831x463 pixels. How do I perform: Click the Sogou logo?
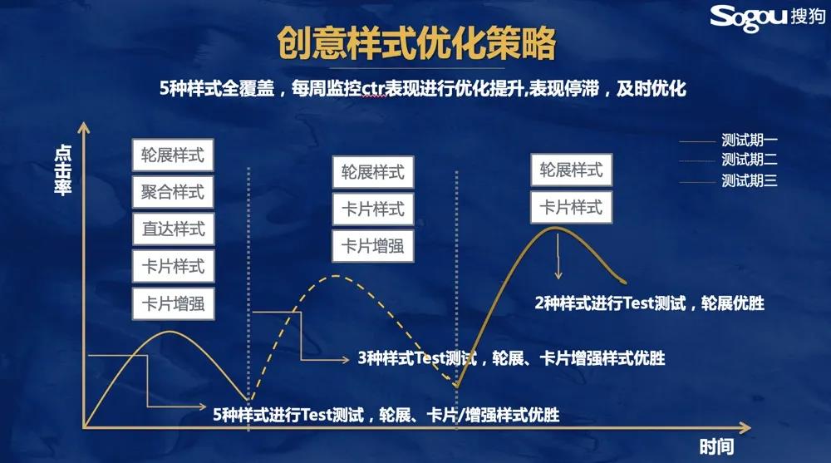[767, 17]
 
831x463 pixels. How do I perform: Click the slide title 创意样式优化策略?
[416, 43]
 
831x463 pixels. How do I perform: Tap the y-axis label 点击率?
[63, 170]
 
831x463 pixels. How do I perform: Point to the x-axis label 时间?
[716, 446]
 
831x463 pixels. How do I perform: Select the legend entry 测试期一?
[749, 140]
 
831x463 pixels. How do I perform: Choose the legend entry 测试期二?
[749, 159]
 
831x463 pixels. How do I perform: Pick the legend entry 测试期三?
[749, 180]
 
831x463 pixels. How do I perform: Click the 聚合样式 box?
[173, 192]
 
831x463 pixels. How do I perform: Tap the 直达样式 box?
[174, 229]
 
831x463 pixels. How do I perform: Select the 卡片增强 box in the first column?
[174, 304]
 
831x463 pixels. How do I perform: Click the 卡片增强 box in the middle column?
[372, 246]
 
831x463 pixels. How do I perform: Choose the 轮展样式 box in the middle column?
[372, 172]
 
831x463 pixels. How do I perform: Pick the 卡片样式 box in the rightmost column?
[572, 207]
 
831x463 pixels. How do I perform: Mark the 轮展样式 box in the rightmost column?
[572, 170]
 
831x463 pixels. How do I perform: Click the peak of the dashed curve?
[335, 276]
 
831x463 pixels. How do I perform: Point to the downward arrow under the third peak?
[558, 256]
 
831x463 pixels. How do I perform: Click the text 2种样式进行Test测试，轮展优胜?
[649, 303]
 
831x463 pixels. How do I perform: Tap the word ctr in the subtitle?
[372, 88]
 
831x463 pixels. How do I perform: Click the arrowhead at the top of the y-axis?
[84, 127]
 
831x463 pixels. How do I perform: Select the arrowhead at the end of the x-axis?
[745, 427]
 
